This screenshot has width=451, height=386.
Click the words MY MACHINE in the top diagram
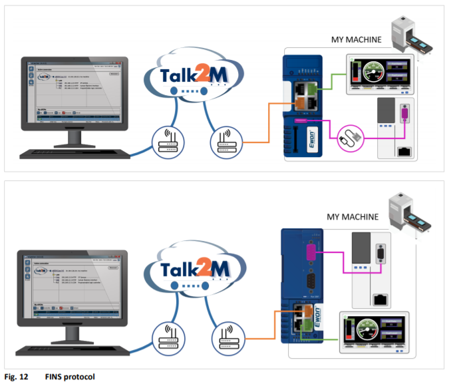tap(356, 39)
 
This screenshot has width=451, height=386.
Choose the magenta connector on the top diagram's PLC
tap(404, 116)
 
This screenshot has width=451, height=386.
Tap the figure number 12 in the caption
tap(24, 377)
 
